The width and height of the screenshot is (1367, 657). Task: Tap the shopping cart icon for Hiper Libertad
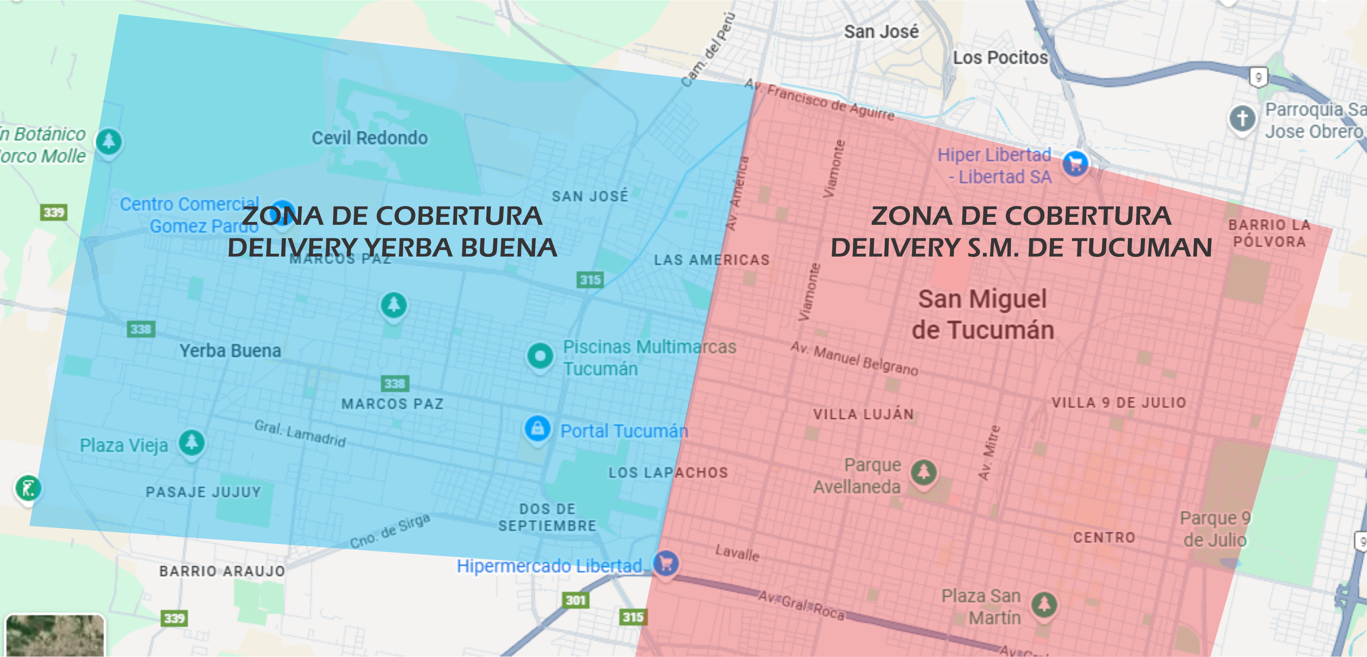(1075, 163)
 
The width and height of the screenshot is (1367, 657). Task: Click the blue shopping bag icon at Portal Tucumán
(537, 428)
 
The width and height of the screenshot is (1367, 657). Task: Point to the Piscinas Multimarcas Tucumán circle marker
(540, 356)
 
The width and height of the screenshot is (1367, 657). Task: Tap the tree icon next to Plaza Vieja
(192, 442)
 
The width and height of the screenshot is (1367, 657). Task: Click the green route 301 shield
(575, 600)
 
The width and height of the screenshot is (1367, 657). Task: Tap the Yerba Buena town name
(230, 351)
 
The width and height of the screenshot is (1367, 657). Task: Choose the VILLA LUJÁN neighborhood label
(863, 414)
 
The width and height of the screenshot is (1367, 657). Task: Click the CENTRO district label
(1104, 537)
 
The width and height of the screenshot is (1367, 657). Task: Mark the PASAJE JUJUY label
(203, 492)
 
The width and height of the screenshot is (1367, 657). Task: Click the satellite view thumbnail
(55, 636)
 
